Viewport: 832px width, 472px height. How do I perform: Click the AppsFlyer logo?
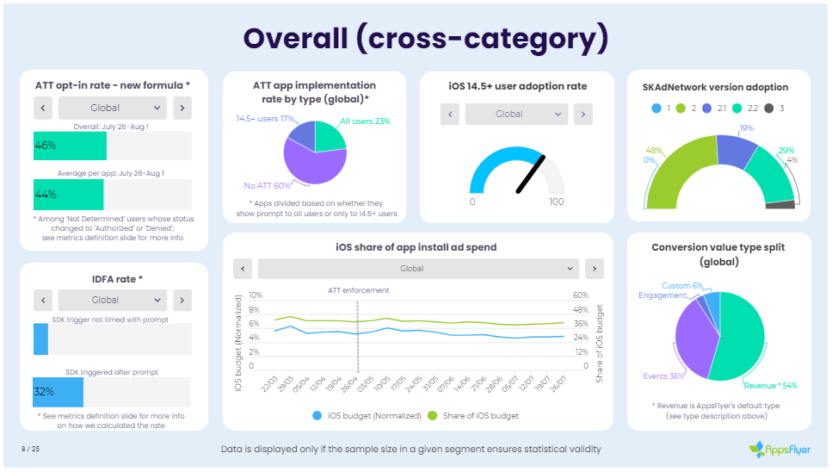coord(780,449)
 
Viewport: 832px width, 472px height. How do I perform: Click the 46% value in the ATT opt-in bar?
coord(46,146)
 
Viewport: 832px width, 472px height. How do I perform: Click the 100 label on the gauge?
coord(556,202)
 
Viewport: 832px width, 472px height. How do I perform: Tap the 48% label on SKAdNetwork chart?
coord(654,150)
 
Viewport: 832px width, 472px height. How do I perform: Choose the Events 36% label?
coord(663,376)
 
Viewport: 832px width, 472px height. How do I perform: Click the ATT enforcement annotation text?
coord(358,290)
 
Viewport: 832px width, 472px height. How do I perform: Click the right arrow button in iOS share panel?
coord(594,269)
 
